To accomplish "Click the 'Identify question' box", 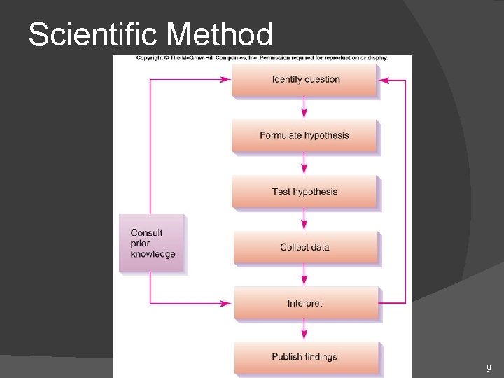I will (305, 80).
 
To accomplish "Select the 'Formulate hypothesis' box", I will (304, 135).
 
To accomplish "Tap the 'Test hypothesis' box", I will (304, 191).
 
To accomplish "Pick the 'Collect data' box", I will (305, 247).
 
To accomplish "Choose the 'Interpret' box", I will (305, 303).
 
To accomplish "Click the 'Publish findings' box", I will (305, 357).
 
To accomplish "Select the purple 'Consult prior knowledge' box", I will (152, 243).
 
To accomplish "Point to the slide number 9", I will (489, 368).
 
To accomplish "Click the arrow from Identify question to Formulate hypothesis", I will (304, 108).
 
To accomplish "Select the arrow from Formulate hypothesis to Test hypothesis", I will (304, 164).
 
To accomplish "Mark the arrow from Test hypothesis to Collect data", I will (304, 220).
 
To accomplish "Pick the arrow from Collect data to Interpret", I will (304, 276).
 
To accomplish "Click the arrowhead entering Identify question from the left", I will (225, 80).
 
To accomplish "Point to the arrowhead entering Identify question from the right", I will (384, 80).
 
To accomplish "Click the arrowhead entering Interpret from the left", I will (225, 303).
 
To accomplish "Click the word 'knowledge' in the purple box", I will (153, 254).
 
